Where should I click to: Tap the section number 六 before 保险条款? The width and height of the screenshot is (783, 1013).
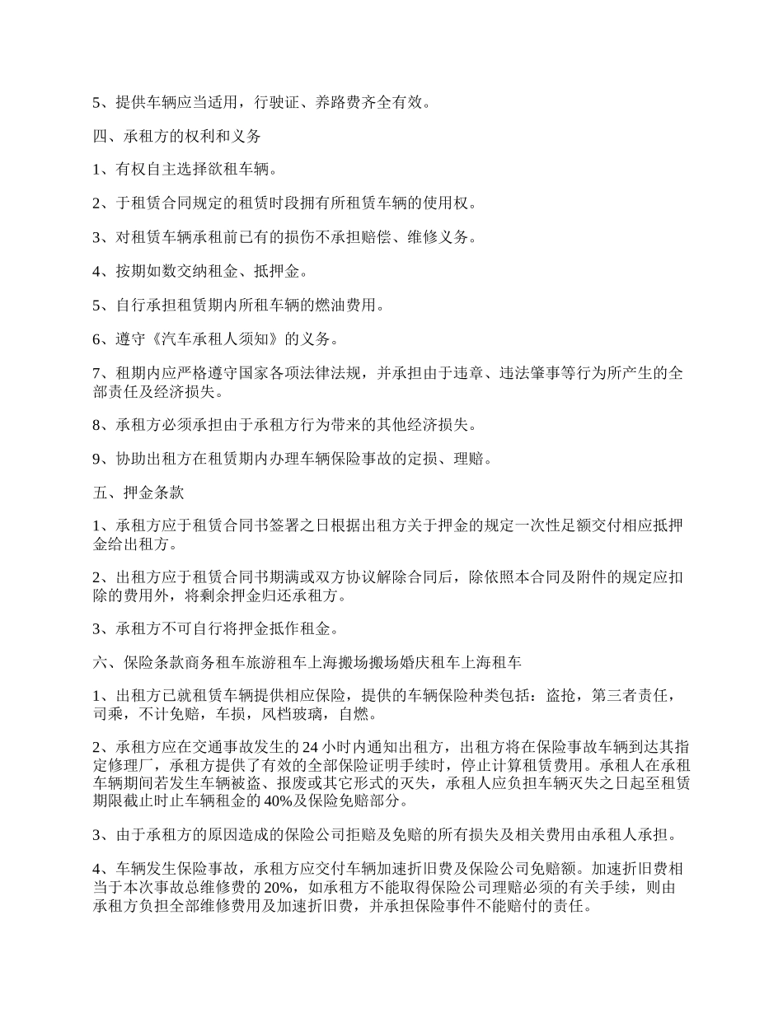click(x=100, y=661)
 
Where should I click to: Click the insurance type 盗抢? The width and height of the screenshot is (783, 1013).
click(x=562, y=695)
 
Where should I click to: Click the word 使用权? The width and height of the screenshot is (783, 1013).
click(x=450, y=203)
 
